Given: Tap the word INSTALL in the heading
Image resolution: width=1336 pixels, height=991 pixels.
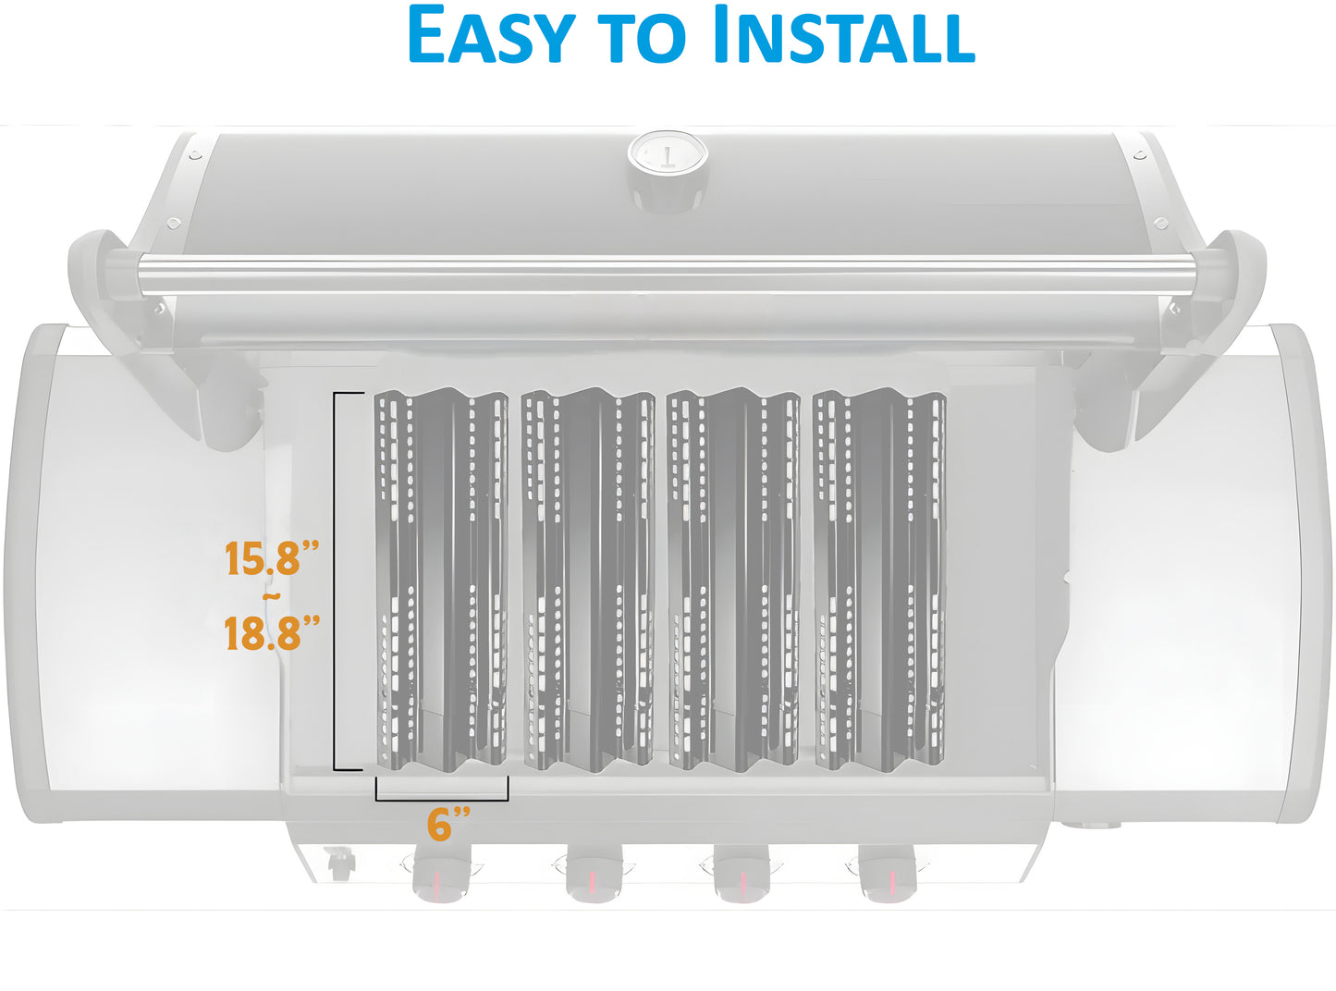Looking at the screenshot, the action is click(843, 34).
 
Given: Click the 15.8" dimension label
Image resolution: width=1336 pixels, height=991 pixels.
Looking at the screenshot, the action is click(272, 557).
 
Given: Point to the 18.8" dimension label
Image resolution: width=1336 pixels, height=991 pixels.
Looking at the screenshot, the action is click(272, 632).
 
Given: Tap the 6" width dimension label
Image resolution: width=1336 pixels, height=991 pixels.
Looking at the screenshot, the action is click(448, 824).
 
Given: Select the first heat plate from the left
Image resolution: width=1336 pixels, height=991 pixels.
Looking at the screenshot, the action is click(441, 580).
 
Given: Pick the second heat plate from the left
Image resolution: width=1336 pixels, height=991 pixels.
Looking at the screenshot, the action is click(588, 580).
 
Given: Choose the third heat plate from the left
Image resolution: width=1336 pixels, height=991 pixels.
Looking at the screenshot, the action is click(734, 580).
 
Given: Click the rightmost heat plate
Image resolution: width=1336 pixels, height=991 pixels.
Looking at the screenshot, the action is click(879, 580).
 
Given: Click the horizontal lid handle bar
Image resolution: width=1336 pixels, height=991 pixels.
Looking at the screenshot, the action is click(668, 275).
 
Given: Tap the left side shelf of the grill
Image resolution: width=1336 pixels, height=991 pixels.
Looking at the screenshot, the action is click(151, 572).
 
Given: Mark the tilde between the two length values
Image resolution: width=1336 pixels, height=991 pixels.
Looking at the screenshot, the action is click(272, 596).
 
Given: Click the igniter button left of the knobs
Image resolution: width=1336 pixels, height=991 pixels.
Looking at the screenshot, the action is click(339, 863).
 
